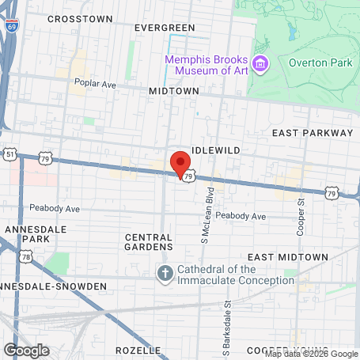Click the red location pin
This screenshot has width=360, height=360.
click(180, 163)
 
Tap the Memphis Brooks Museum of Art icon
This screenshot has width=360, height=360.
click(259, 63)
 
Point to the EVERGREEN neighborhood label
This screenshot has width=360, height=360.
click(164, 28)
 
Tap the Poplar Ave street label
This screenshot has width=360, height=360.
click(95, 82)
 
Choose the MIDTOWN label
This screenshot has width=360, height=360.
click(174, 92)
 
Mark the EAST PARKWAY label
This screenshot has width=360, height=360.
click(312, 133)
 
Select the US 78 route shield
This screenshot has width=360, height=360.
click(27, 256)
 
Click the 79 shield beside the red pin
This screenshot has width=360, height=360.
click(188, 177)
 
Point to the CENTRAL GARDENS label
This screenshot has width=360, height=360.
click(148, 241)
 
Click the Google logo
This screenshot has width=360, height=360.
click(26, 350)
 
